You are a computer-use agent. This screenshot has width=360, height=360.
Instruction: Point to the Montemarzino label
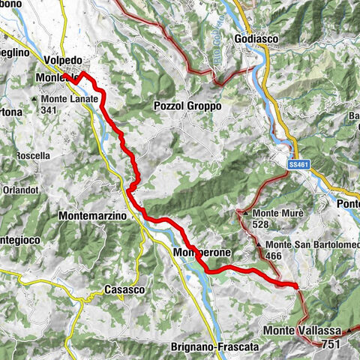pos(93,215)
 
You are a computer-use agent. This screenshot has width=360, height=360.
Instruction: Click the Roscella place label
pos(34,156)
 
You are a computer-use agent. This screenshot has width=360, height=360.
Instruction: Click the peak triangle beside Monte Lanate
pos(34,99)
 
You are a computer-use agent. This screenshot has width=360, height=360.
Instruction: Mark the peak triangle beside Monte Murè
pos(246,214)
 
